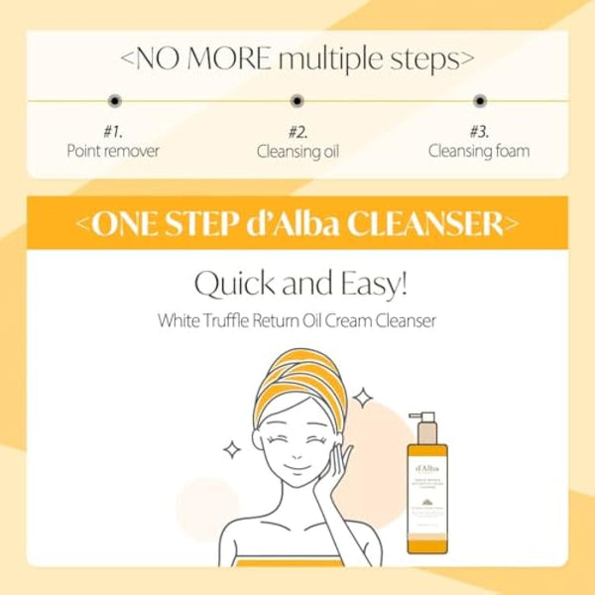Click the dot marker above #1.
pos(114,100)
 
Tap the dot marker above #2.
pos(297,100)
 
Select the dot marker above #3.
pos(480,100)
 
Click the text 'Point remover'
pos(114,152)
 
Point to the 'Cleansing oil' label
pos(297,152)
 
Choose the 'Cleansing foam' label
pos(479,152)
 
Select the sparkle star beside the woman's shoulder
pos(232,449)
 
